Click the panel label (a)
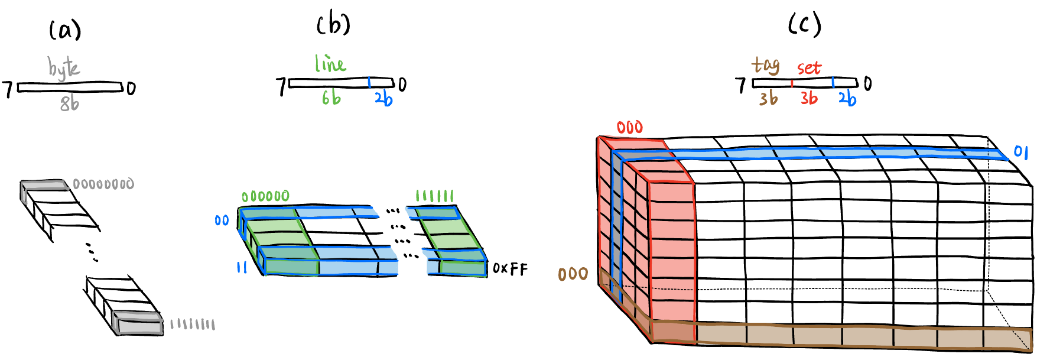(65, 30)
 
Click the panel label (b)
(334, 24)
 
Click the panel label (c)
(805, 25)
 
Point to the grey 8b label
(69, 104)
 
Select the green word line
(330, 64)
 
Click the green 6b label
(331, 98)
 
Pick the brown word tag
(766, 65)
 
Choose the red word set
(809, 68)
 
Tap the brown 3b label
(768, 98)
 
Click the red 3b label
(809, 98)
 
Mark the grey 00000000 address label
(103, 184)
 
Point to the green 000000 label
(265, 196)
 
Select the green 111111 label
(435, 196)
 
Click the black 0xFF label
(510, 269)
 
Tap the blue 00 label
(222, 220)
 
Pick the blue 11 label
(242, 268)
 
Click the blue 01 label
(1021, 152)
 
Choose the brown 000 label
(573, 274)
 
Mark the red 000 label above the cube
(629, 128)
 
